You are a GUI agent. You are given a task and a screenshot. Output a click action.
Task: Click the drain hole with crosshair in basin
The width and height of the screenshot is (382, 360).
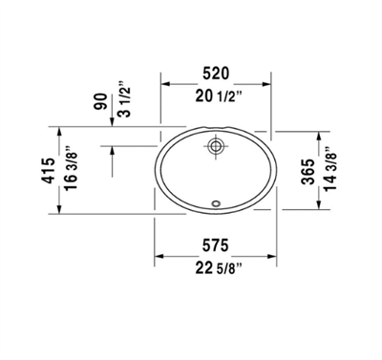216,147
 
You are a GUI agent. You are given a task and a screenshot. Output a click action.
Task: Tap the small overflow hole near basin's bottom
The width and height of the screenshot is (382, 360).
216,202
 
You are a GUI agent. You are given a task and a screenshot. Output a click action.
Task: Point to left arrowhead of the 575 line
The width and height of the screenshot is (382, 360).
158,256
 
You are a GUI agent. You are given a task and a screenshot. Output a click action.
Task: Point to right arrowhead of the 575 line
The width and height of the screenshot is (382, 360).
276,256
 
